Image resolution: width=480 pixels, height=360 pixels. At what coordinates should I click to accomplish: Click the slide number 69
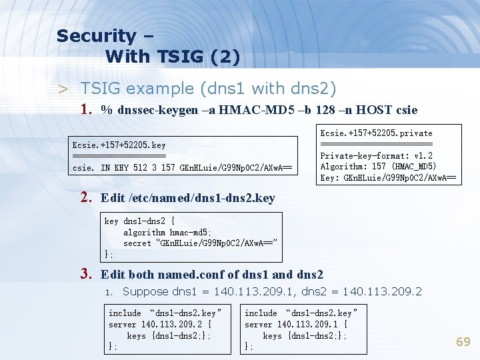tap(463, 342)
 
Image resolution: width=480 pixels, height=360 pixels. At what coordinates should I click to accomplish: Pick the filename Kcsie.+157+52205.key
tap(119, 145)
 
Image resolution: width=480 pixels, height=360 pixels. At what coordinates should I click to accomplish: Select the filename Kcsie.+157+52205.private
tap(376, 133)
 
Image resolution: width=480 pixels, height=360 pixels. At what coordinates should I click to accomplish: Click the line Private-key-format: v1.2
tap(376, 156)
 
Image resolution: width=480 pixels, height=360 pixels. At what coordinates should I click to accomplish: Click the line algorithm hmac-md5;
tap(167, 233)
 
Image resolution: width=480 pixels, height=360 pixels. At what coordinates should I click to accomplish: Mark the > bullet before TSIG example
tap(63, 89)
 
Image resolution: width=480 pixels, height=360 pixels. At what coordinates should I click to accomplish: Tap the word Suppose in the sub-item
tap(145, 291)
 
